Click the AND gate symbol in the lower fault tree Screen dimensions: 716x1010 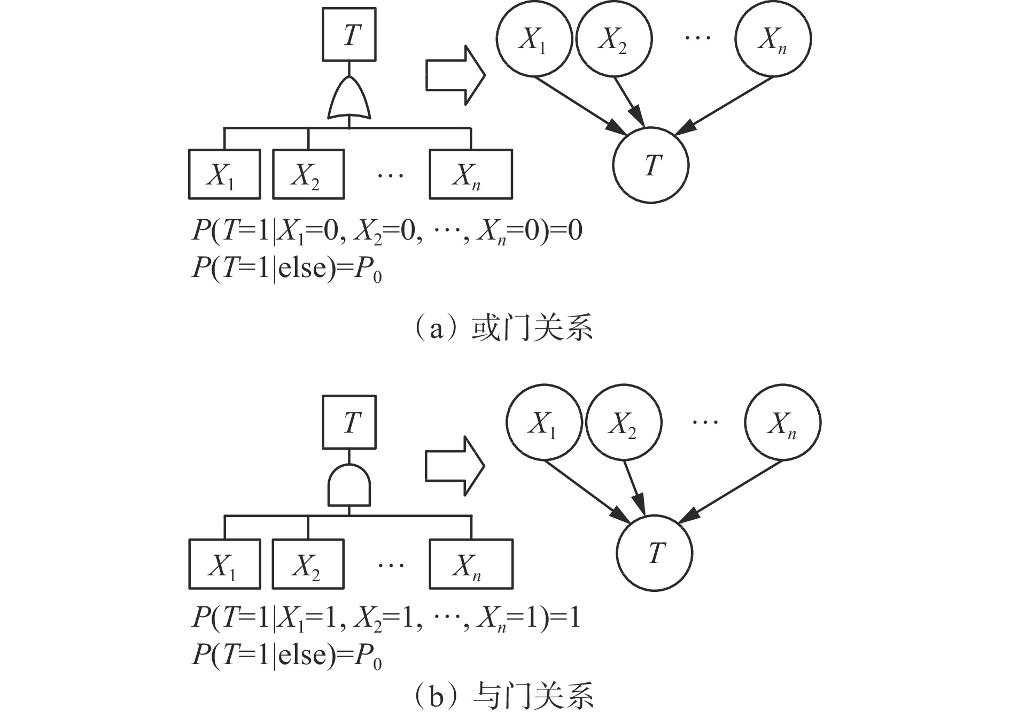(349, 486)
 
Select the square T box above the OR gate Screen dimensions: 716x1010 (349, 35)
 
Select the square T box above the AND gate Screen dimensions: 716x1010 (349, 422)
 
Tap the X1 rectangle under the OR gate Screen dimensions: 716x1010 (224, 174)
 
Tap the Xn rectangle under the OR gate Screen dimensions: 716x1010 (470, 174)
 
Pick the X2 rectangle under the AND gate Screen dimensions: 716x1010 (308, 564)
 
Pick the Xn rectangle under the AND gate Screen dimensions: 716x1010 (470, 564)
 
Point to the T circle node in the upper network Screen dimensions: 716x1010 (651, 165)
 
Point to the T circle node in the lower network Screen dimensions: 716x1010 (654, 553)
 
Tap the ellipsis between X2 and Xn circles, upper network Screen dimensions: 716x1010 (697, 37)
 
